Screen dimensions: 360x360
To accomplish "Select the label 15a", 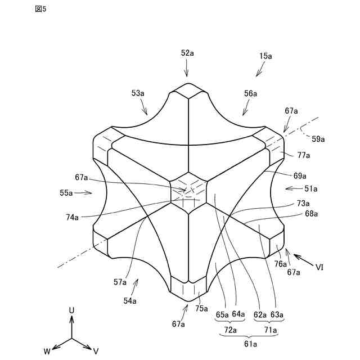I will point(265,56).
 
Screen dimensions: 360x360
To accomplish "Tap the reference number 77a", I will point(304,155).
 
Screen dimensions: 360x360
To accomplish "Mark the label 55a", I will point(66,192).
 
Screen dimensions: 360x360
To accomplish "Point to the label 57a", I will point(120,282).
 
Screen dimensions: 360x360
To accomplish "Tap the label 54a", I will point(130,301).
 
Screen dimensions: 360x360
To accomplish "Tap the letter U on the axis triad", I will point(71,310).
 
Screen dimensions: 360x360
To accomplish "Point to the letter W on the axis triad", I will point(47,350).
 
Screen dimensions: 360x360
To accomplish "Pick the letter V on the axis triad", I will point(96,350).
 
